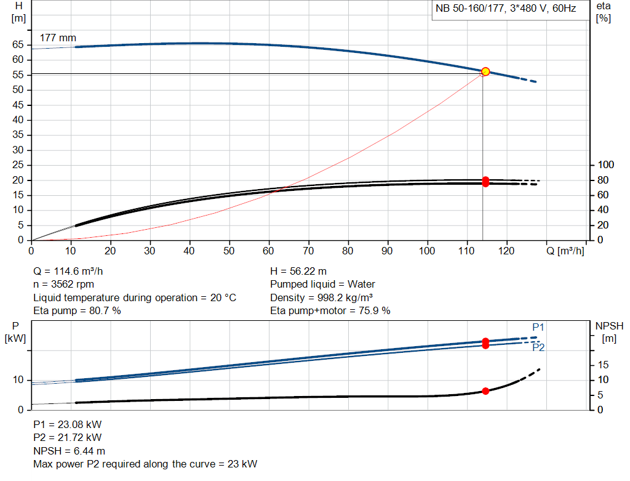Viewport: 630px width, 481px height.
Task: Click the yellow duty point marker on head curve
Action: click(x=485, y=72)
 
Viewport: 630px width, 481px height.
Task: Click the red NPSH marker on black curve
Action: click(x=485, y=391)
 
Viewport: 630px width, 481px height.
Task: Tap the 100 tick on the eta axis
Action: click(x=606, y=165)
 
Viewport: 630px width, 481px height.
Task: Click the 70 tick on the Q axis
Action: click(x=308, y=251)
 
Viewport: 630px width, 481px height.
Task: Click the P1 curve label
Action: click(x=538, y=327)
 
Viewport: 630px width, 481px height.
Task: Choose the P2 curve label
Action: click(x=538, y=347)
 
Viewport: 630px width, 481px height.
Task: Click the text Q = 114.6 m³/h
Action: click(x=73, y=271)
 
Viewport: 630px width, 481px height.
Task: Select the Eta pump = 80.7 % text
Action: click(x=77, y=311)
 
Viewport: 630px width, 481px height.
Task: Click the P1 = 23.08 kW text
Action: click(x=67, y=424)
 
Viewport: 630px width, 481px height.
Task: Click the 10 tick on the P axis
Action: click(x=18, y=380)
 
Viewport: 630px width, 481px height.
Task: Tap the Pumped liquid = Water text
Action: click(x=322, y=285)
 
